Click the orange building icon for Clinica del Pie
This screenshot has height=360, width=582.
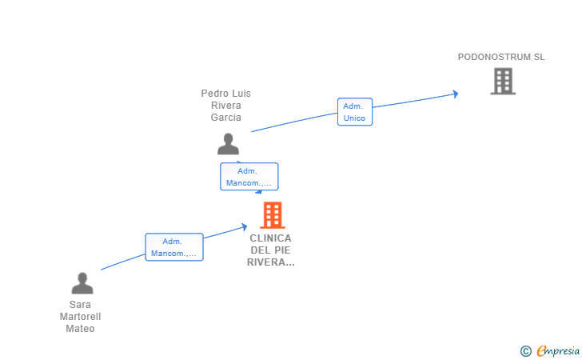click(273, 214)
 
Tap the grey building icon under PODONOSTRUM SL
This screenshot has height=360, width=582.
click(503, 81)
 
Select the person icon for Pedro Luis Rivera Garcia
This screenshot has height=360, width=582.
click(228, 144)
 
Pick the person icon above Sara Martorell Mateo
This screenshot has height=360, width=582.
click(82, 283)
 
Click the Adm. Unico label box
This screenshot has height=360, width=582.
click(355, 112)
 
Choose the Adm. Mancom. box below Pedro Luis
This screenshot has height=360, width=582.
click(249, 177)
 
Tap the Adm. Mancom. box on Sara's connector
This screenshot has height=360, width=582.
click(174, 247)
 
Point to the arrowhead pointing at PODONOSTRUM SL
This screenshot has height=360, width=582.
click(456, 94)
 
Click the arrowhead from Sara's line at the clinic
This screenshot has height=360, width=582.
click(245, 226)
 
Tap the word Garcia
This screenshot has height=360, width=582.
click(226, 118)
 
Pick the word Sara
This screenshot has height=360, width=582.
click(80, 305)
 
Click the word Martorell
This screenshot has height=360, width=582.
click(80, 317)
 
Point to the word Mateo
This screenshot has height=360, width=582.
click(80, 329)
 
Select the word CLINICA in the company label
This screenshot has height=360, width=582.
click(270, 238)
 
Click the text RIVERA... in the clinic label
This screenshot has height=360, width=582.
click(270, 262)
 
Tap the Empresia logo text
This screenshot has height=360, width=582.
click(558, 350)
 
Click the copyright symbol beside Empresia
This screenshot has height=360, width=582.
click(526, 351)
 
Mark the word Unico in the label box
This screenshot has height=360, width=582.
click(354, 118)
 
